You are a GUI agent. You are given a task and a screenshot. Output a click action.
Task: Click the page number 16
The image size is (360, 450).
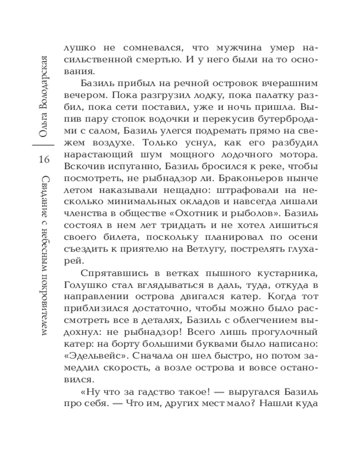[x=44, y=159]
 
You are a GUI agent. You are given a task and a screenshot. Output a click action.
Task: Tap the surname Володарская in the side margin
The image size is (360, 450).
[x=44, y=90]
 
